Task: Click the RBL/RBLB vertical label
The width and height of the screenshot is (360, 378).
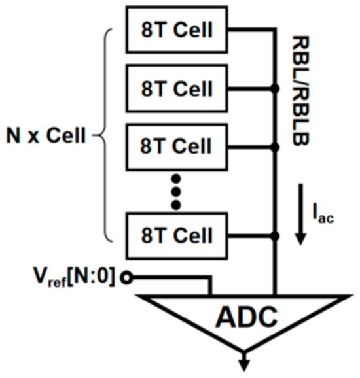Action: (x=302, y=92)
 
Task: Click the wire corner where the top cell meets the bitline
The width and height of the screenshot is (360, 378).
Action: (x=276, y=30)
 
